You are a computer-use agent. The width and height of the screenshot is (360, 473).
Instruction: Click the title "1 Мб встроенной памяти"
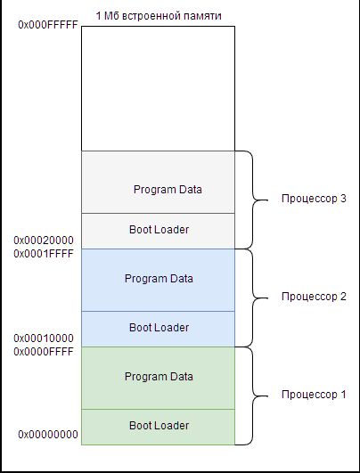coord(159,16)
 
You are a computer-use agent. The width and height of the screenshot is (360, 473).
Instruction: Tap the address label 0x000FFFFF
coord(48,25)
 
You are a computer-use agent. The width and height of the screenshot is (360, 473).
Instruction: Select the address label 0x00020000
coord(44,241)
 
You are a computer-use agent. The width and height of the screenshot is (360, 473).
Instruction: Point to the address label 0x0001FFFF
coord(44,254)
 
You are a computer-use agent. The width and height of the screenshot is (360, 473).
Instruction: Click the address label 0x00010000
coord(44,338)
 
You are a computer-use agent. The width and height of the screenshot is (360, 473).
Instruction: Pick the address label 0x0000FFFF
coord(44,352)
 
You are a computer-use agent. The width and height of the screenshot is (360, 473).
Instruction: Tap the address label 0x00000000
coord(48,435)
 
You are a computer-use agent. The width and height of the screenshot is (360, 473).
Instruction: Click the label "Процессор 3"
coord(314,199)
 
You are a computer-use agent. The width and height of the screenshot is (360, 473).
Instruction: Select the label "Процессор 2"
coord(314,297)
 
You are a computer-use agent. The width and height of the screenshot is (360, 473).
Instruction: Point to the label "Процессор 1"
coord(314,395)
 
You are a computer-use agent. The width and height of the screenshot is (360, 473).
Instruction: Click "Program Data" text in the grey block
coord(168,190)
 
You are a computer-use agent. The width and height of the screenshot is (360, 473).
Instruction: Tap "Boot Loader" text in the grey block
coord(159,230)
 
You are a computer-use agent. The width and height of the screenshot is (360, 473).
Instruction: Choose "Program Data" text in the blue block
coord(159,279)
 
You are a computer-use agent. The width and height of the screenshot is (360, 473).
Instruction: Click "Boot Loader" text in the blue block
coord(159,328)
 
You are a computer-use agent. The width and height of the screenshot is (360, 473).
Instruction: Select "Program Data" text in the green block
coord(159,377)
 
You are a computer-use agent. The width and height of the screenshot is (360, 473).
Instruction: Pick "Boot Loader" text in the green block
coord(159,426)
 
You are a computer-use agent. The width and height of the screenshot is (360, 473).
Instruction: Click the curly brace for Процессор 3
coord(252,200)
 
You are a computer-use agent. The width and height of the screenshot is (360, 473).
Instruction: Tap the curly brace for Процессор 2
coord(252,298)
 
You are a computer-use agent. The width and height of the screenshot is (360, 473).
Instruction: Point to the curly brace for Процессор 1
coord(252,396)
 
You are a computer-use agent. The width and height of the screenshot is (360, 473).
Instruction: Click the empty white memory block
coord(158,88)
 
